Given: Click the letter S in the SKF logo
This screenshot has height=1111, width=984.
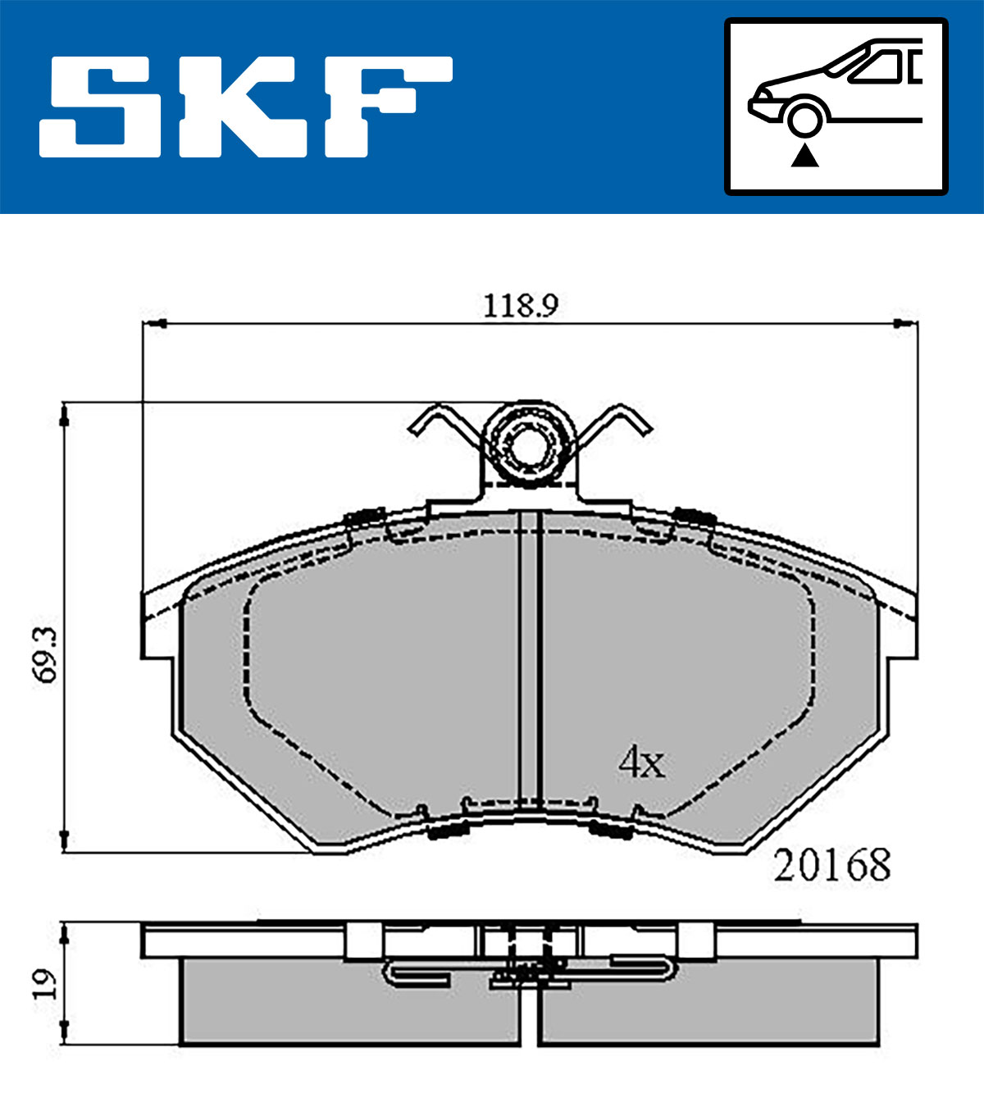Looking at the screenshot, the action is pyautogui.click(x=100, y=107).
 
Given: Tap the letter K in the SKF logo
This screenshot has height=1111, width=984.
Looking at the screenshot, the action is pyautogui.click(x=243, y=107).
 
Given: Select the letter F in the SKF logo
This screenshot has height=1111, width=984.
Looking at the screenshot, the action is pyautogui.click(x=388, y=107).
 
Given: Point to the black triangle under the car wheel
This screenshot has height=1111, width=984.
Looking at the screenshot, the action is pyautogui.click(x=804, y=156).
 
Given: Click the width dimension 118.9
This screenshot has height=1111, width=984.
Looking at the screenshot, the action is pyautogui.click(x=521, y=306).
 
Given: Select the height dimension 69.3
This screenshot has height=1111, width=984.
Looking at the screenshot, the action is pyautogui.click(x=45, y=655).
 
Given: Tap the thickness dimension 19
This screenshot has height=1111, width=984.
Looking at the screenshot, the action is pyautogui.click(x=45, y=985).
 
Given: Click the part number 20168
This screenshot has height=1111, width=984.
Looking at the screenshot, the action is pyautogui.click(x=832, y=865).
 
